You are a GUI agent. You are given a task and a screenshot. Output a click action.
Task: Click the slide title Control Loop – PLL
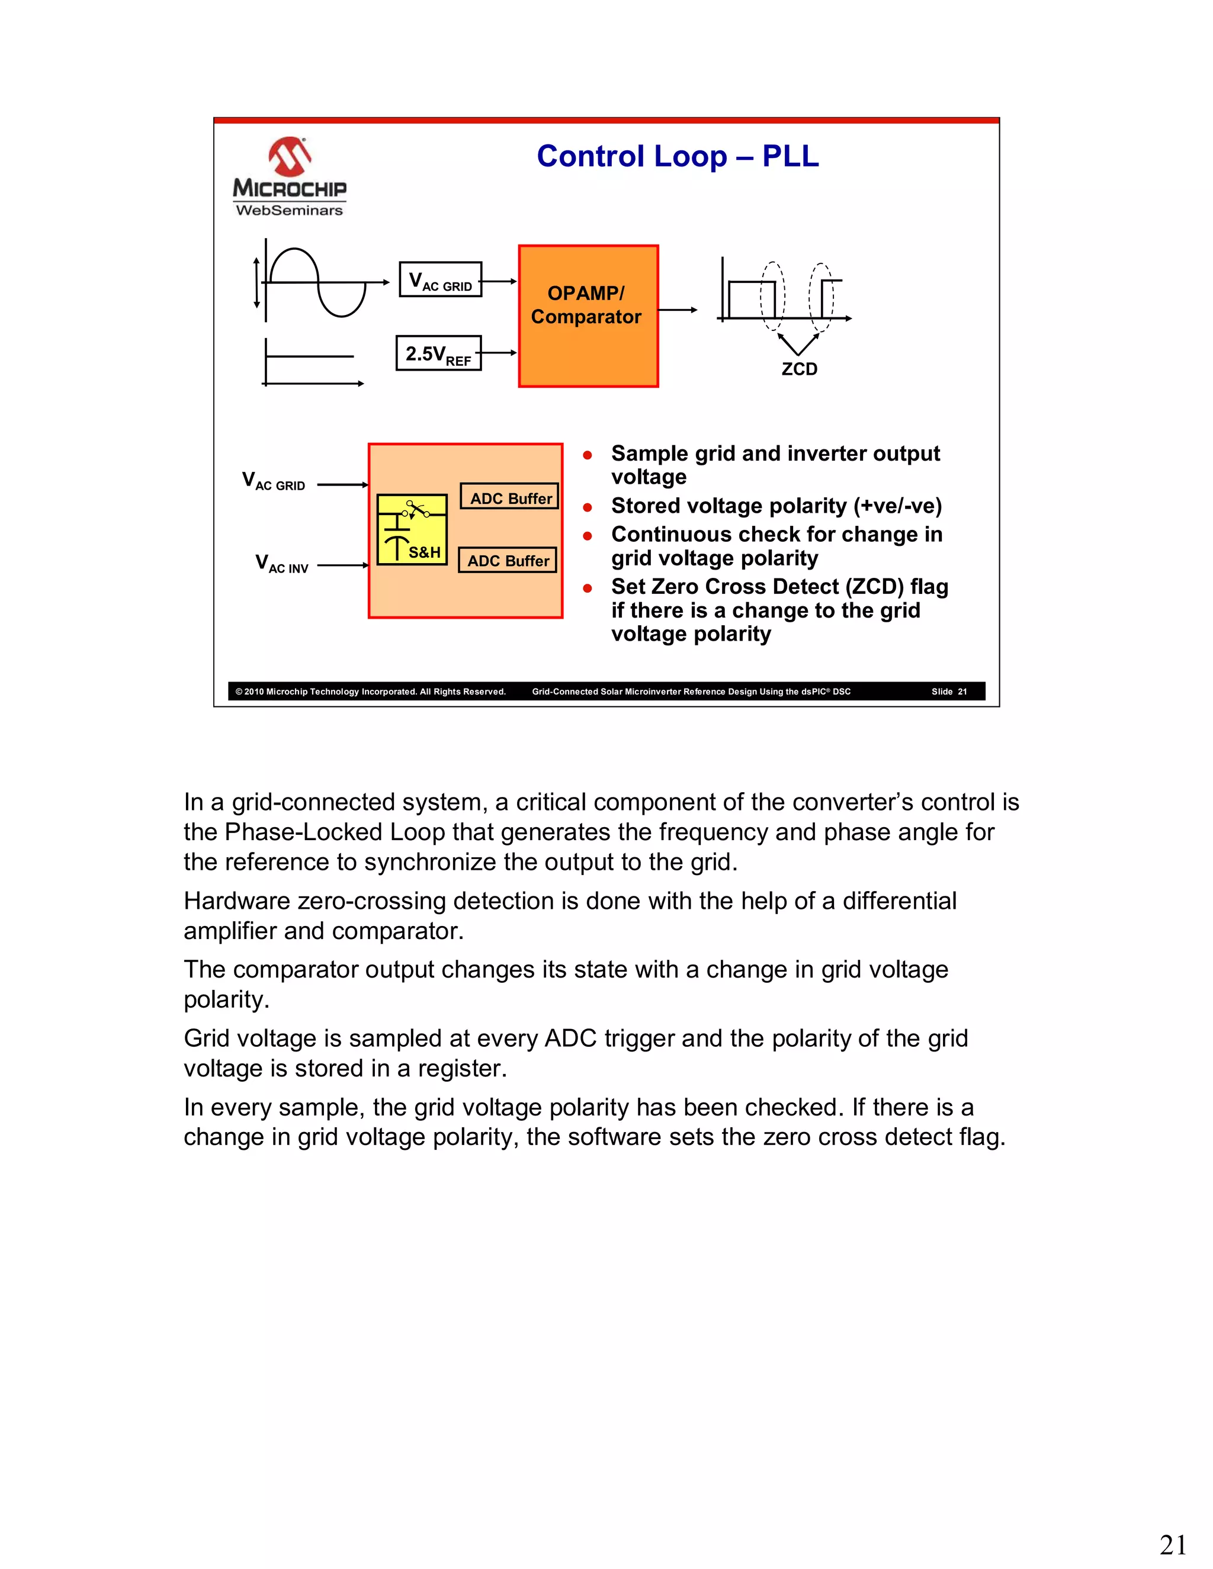click(677, 157)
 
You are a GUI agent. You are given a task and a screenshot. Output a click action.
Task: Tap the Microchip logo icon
click(289, 157)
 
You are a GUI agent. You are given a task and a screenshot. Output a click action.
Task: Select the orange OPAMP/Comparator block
click(588, 316)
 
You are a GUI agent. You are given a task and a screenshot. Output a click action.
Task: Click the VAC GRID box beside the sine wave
click(440, 280)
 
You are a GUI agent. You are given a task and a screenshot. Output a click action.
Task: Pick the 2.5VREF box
click(438, 353)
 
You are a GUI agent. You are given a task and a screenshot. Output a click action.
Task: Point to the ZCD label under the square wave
click(799, 369)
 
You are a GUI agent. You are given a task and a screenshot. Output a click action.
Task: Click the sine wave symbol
click(316, 282)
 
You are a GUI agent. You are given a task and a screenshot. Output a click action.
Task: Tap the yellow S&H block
click(412, 529)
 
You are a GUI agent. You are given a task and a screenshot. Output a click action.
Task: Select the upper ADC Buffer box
click(509, 497)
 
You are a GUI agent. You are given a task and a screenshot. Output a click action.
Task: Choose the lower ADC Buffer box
click(508, 560)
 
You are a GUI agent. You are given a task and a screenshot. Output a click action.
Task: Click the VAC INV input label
click(282, 564)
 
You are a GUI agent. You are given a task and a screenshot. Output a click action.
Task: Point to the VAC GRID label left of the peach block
click(274, 481)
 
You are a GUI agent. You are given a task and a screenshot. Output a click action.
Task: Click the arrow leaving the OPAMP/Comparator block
click(677, 310)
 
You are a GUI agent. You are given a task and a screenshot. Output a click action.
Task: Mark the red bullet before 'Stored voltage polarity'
click(587, 507)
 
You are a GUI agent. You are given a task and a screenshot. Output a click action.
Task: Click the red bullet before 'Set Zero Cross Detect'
click(587, 588)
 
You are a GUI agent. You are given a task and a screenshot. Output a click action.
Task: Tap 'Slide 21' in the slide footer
click(949, 692)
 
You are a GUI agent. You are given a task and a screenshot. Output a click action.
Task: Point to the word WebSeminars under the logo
click(289, 211)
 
